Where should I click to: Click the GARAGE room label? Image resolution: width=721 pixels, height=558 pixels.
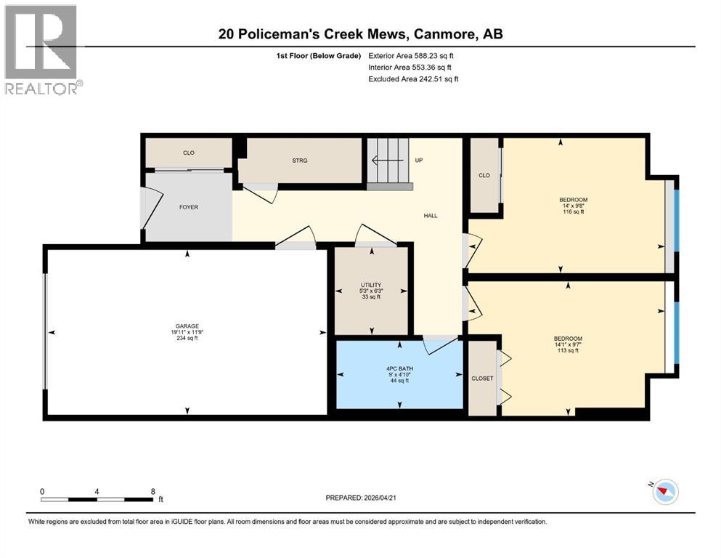click(x=187, y=326)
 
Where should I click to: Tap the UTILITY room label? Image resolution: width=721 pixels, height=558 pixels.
click(x=371, y=285)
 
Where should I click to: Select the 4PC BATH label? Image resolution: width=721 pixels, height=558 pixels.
click(x=400, y=369)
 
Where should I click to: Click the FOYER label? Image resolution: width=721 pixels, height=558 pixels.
click(x=189, y=207)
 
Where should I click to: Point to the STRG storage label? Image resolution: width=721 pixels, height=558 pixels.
click(x=300, y=161)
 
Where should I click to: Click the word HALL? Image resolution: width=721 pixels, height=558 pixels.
click(x=431, y=215)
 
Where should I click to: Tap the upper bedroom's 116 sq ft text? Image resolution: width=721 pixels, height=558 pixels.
click(x=573, y=211)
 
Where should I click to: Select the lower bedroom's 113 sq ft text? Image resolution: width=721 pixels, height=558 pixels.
click(x=568, y=351)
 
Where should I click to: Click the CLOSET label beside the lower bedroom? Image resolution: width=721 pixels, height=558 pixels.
click(x=481, y=379)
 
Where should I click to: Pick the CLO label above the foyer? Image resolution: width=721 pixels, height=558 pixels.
click(x=188, y=153)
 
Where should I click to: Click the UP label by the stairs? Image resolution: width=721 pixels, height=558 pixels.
click(x=418, y=160)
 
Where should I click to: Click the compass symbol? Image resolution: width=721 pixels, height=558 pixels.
click(x=664, y=493)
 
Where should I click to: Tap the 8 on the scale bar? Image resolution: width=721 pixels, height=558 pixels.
click(x=152, y=490)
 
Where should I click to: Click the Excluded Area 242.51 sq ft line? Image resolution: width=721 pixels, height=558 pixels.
click(x=413, y=78)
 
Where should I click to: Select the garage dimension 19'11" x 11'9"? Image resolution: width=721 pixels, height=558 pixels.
click(x=187, y=332)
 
